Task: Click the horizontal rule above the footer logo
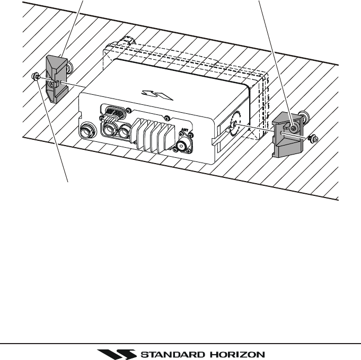[x=180, y=343]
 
